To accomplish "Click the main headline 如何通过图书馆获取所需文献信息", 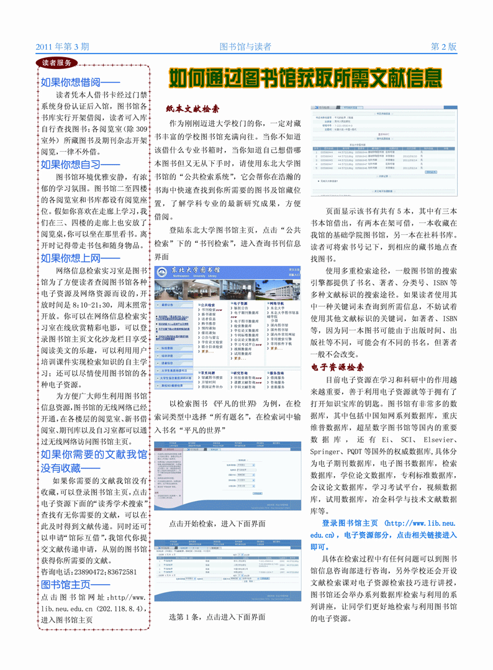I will [x=306, y=79].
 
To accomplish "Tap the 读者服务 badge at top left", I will [x=57, y=63].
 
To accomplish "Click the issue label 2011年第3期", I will [x=63, y=47].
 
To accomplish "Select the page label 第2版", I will [x=444, y=47].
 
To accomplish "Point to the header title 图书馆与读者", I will [x=246, y=47].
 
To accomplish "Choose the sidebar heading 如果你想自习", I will [x=80, y=165].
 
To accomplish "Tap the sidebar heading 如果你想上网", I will [x=80, y=259].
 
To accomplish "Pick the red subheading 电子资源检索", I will [x=338, y=367].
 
